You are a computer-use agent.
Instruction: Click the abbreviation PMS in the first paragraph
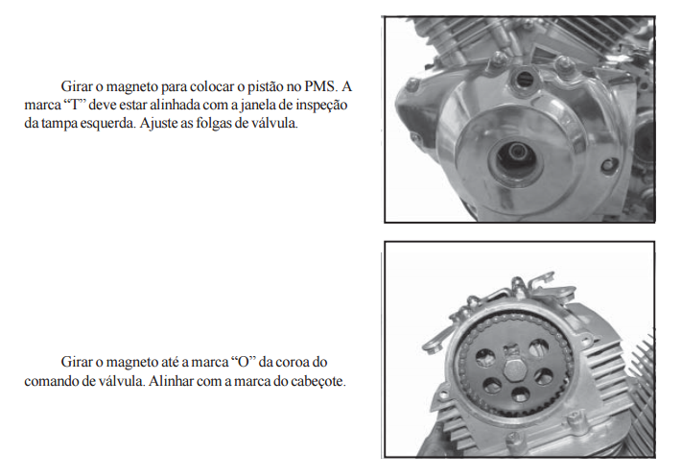tap(320, 86)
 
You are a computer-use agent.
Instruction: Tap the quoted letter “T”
tap(76, 105)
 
